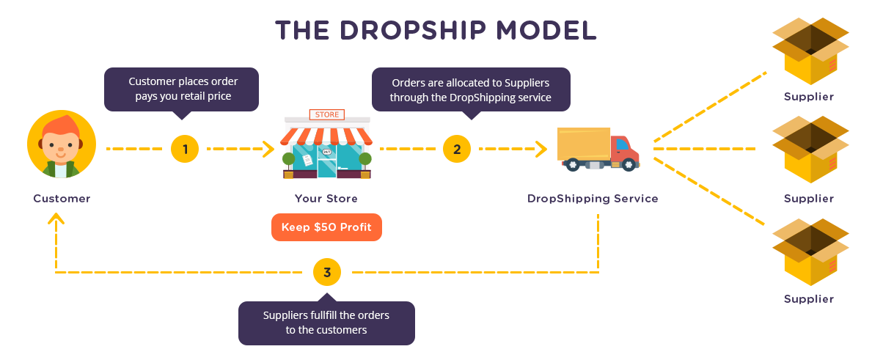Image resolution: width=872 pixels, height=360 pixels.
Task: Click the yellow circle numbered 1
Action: [x=185, y=149]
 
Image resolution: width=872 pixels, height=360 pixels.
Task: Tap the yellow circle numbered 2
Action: [x=457, y=149]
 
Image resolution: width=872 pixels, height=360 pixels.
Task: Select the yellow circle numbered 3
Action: [x=327, y=272]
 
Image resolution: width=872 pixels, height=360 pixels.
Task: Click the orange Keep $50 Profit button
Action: [x=326, y=227]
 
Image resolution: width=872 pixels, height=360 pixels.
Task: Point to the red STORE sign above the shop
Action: [x=326, y=115]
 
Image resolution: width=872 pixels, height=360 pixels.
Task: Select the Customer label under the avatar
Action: [x=62, y=199]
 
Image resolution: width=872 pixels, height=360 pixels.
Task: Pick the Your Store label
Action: [x=326, y=199]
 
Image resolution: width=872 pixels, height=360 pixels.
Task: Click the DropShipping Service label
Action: [x=593, y=199]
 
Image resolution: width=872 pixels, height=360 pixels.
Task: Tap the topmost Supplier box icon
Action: [x=810, y=51]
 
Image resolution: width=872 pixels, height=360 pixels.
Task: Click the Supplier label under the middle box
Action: [x=809, y=199]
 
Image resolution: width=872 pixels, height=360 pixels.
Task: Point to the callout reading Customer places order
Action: [x=182, y=89]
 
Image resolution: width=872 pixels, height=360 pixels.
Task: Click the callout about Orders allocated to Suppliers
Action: [x=471, y=89]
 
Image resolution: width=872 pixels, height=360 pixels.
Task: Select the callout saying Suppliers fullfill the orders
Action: [x=326, y=323]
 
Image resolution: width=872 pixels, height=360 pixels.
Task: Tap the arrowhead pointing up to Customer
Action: [x=56, y=219]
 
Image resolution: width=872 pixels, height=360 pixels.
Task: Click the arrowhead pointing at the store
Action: [x=268, y=149]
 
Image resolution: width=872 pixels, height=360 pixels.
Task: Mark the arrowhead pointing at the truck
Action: [x=542, y=149]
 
